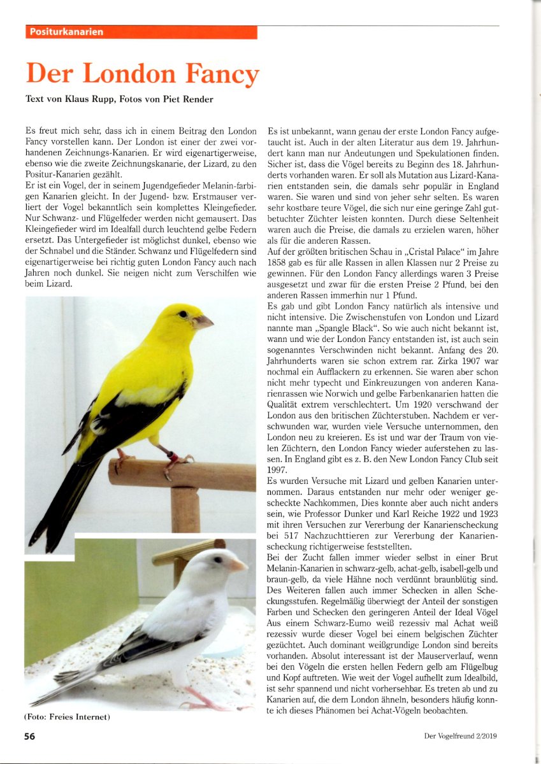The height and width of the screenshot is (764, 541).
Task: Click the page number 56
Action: pos(30,737)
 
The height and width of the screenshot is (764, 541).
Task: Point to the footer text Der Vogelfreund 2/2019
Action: pos(460,737)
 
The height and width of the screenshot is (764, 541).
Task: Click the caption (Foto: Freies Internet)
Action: pos(68,717)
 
